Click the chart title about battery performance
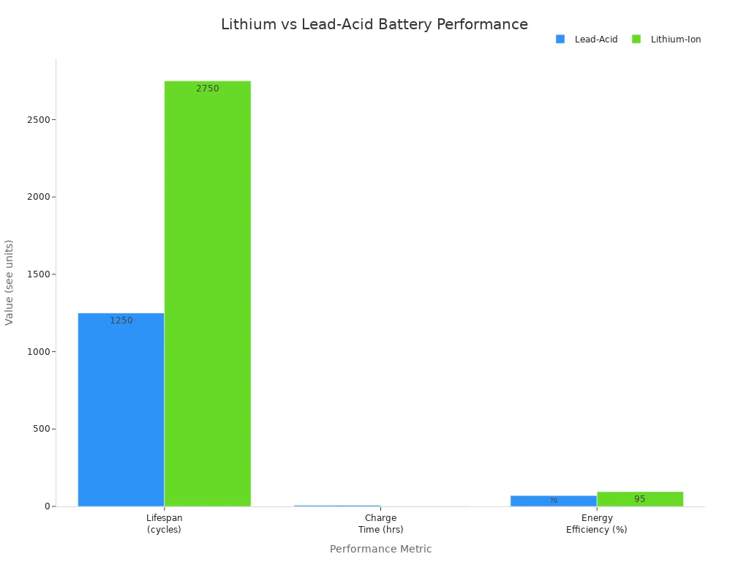tap(374, 25)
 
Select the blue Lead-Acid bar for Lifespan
tap(121, 410)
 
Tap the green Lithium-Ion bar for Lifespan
tap(207, 293)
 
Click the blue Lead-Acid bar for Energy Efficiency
tap(553, 501)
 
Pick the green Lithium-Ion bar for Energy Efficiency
tap(640, 499)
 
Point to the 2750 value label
tap(207, 89)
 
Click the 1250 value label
tap(121, 321)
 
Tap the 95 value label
tap(640, 499)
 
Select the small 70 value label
tap(553, 501)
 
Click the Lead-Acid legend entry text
tap(595, 40)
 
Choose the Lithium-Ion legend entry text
tap(676, 40)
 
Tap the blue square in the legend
tap(560, 40)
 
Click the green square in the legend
tap(636, 40)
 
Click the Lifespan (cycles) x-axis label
tap(164, 524)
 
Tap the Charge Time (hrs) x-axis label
tap(380, 524)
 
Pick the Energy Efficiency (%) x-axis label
tap(596, 524)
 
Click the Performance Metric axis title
tap(380, 550)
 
